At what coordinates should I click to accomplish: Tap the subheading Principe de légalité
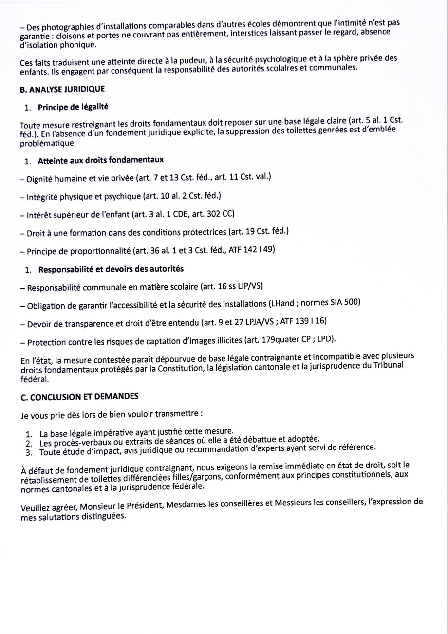point(73,106)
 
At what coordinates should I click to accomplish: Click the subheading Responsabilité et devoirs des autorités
point(111,269)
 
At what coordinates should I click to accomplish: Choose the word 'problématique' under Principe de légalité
point(48,144)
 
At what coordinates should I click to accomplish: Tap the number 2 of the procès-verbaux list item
point(29,444)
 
